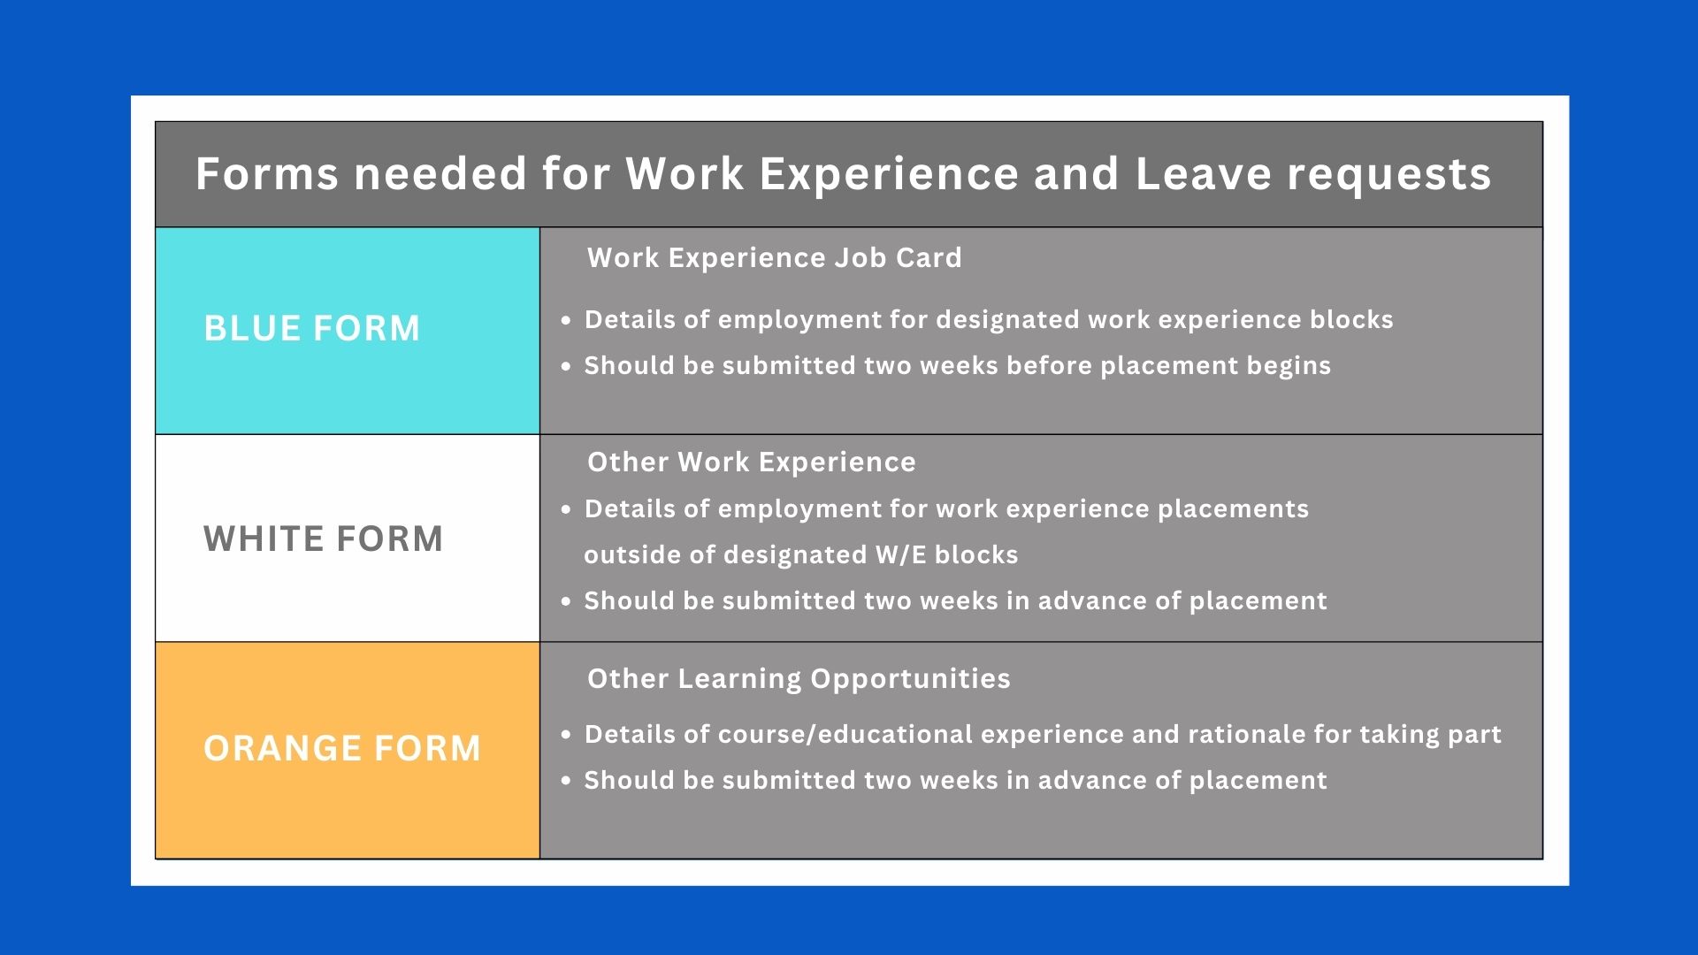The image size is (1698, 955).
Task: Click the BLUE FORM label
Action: click(x=312, y=329)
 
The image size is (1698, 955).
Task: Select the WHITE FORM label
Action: click(x=324, y=539)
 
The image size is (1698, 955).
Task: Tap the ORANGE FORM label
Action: click(x=342, y=749)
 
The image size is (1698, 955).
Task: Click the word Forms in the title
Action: click(x=267, y=173)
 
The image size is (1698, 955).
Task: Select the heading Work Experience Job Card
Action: click(x=775, y=257)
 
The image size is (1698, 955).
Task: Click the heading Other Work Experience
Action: click(x=752, y=462)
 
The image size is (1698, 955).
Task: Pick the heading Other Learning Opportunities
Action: click(x=799, y=678)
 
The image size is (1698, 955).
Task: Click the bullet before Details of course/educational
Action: click(x=566, y=735)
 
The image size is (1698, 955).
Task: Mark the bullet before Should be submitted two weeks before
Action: click(x=566, y=366)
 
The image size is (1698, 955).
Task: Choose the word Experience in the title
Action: click(x=889, y=175)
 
